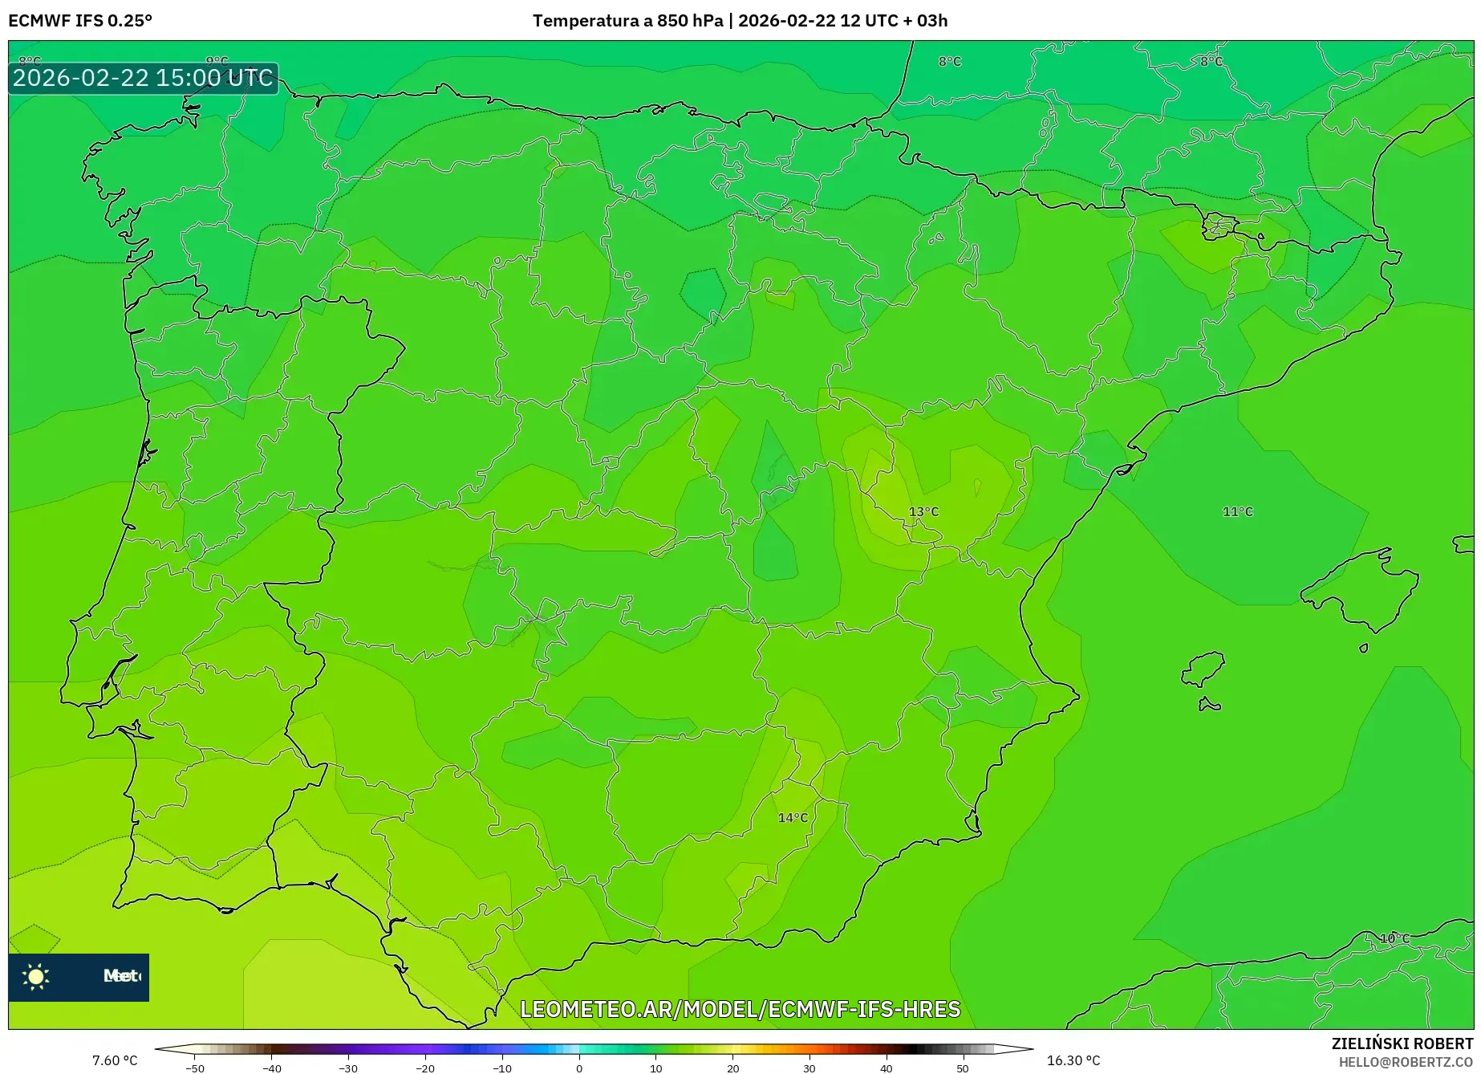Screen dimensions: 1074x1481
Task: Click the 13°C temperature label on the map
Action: pyautogui.click(x=923, y=511)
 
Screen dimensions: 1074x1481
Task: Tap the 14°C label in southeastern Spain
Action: pyautogui.click(x=793, y=817)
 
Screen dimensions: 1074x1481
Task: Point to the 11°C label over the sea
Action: pyautogui.click(x=1237, y=511)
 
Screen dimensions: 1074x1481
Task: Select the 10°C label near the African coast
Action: pyautogui.click(x=1394, y=938)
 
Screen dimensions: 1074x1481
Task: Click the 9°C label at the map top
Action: pyautogui.click(x=217, y=61)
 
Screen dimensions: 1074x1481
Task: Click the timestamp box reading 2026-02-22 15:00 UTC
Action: pyautogui.click(x=143, y=78)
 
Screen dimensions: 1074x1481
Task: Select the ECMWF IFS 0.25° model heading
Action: pyautogui.click(x=80, y=21)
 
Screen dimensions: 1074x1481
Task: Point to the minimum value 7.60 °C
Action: pyautogui.click(x=115, y=1060)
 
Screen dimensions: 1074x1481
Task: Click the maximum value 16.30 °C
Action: pyautogui.click(x=1073, y=1060)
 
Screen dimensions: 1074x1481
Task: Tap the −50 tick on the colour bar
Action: pyautogui.click(x=195, y=1068)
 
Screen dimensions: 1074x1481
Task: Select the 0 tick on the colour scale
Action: pyautogui.click(x=579, y=1068)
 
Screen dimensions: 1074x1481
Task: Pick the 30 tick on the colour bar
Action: pyautogui.click(x=809, y=1068)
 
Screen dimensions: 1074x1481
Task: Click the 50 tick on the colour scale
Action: pyautogui.click(x=963, y=1068)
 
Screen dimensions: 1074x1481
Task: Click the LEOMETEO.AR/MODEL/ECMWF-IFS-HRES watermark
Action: pyautogui.click(x=740, y=1009)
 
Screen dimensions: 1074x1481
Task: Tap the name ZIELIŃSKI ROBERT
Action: pyautogui.click(x=1402, y=1043)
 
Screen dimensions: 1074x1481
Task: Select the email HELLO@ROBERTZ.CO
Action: pyautogui.click(x=1405, y=1062)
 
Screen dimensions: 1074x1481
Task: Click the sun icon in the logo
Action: pyautogui.click(x=36, y=976)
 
